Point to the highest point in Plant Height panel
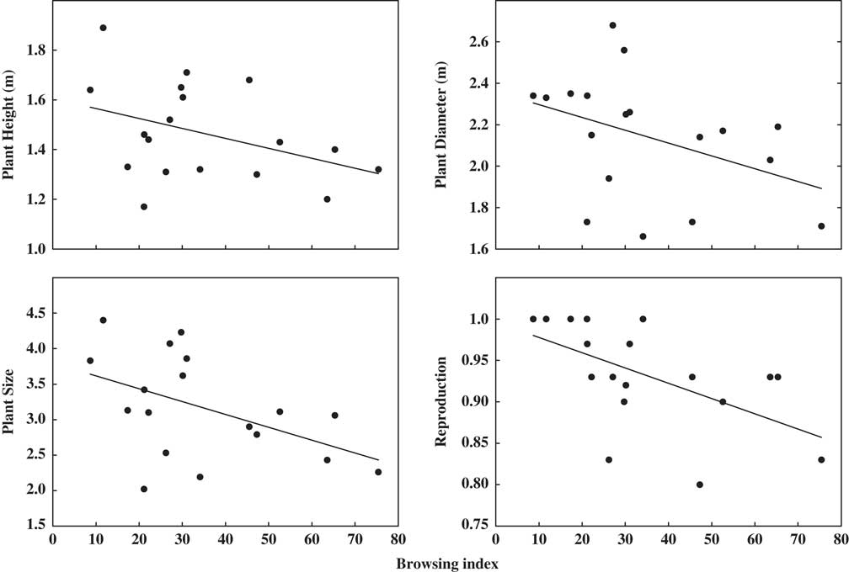103,28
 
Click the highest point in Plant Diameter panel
612,25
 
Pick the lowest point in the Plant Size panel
144,489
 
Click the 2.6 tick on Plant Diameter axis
468,42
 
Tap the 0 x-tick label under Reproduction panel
495,541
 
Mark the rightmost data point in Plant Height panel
378,169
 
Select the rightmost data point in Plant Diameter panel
821,225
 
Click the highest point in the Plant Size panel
103,320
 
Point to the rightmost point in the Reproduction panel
821,459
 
